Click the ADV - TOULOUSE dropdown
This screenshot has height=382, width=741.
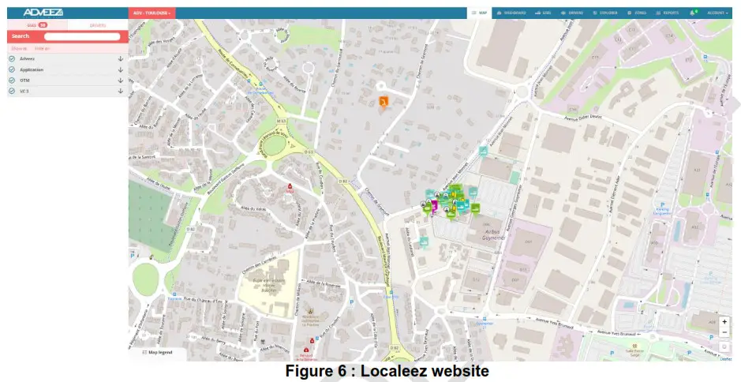(152, 13)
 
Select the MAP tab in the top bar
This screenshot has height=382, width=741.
(479, 13)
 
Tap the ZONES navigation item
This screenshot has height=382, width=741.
(636, 13)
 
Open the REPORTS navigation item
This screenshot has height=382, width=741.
(668, 13)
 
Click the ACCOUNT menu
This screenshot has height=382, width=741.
(717, 13)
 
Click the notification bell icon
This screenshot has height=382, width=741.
(693, 13)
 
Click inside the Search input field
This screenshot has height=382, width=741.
(81, 36)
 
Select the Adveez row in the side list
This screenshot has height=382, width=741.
(28, 59)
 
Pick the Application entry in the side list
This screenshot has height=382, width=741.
(32, 69)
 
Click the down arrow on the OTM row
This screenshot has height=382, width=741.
(121, 81)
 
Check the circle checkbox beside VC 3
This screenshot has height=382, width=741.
(12, 92)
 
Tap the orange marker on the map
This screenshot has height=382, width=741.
(384, 102)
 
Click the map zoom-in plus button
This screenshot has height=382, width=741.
(724, 321)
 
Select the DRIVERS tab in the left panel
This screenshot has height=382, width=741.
(98, 25)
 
